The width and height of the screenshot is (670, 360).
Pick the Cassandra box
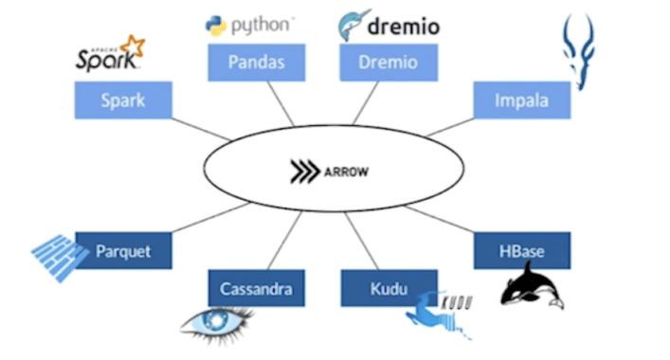[x=256, y=288]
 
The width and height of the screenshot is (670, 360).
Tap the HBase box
[x=521, y=251]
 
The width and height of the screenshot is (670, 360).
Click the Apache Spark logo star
[x=134, y=45]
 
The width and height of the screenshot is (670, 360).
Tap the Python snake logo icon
[x=216, y=26]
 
